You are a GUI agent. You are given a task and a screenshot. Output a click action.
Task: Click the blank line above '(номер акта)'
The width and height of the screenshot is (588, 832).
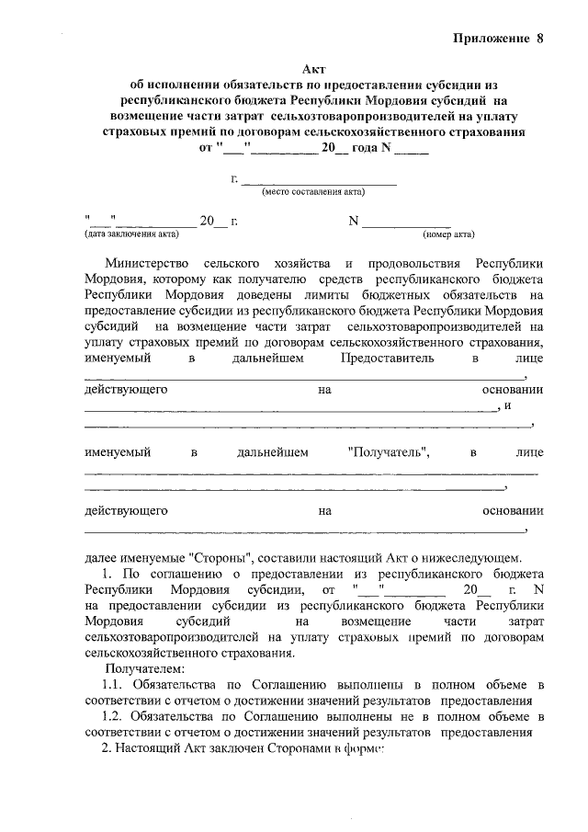406,224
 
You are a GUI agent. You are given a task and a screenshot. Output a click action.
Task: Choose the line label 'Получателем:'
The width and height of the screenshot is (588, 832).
144,668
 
